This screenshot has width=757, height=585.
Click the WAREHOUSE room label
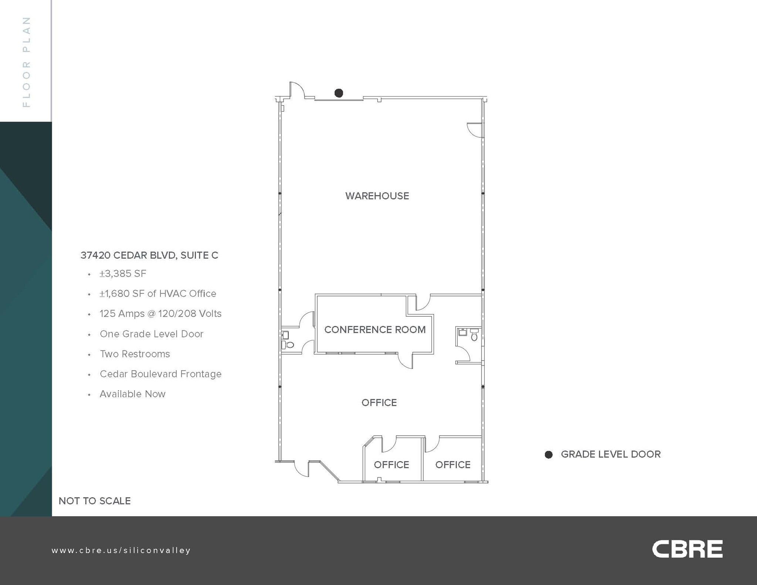pyautogui.click(x=377, y=196)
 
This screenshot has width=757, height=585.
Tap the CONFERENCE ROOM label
pyautogui.click(x=375, y=330)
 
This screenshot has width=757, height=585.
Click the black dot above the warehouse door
pyautogui.click(x=339, y=93)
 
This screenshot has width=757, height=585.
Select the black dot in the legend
pyautogui.click(x=549, y=455)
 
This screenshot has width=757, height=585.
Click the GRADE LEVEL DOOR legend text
pyautogui.click(x=611, y=454)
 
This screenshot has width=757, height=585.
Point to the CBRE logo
pyautogui.click(x=687, y=550)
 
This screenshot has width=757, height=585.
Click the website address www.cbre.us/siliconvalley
pyautogui.click(x=121, y=550)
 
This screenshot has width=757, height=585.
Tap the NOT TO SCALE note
pyautogui.click(x=95, y=501)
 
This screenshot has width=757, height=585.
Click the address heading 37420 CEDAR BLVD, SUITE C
pyautogui.click(x=149, y=255)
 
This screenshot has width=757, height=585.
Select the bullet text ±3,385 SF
pyautogui.click(x=123, y=274)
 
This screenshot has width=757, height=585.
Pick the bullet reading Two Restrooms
pyautogui.click(x=135, y=354)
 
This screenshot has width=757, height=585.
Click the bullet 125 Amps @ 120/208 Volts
pyautogui.click(x=160, y=314)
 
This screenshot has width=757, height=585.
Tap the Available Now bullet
pyautogui.click(x=132, y=394)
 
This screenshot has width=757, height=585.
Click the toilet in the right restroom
pyautogui.click(x=474, y=336)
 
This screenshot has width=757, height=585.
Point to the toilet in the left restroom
pyautogui.click(x=289, y=345)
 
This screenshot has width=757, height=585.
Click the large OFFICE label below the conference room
pyautogui.click(x=379, y=402)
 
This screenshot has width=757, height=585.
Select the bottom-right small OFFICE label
pyautogui.click(x=453, y=465)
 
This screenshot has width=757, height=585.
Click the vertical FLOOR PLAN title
pyautogui.click(x=26, y=62)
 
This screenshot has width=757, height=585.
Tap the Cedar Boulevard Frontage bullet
pyautogui.click(x=160, y=374)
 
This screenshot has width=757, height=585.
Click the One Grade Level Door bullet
pyautogui.click(x=152, y=334)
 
